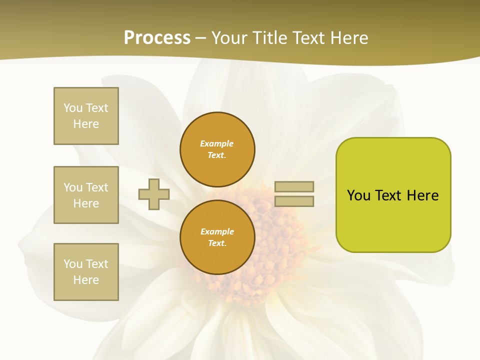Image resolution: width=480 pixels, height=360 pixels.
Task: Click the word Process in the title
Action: [x=157, y=37]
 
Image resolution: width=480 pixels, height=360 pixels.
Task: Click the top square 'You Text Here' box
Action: [x=86, y=116]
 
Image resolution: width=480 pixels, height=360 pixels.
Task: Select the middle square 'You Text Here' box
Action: [x=86, y=195]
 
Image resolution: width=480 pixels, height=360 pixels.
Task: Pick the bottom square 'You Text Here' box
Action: [x=86, y=272]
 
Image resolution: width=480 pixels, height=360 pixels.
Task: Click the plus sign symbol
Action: [x=154, y=194]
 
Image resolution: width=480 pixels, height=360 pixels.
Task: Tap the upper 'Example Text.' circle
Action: [x=217, y=149]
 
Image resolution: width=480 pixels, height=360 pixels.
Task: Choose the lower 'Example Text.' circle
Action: [x=217, y=237]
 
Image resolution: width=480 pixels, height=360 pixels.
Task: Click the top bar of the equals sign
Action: [x=294, y=186]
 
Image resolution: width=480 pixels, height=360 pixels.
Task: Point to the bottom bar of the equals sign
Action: [x=294, y=201]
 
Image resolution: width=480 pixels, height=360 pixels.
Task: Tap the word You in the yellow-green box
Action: [x=358, y=195]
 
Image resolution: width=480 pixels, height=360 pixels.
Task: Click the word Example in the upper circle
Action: [x=216, y=143]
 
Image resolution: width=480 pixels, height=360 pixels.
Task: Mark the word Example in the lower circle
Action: [x=217, y=231]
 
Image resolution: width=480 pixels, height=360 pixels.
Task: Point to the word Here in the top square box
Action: [x=86, y=124]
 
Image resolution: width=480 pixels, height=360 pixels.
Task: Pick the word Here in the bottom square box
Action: [x=86, y=280]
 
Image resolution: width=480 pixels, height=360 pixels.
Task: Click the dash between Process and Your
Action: [x=201, y=38]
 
